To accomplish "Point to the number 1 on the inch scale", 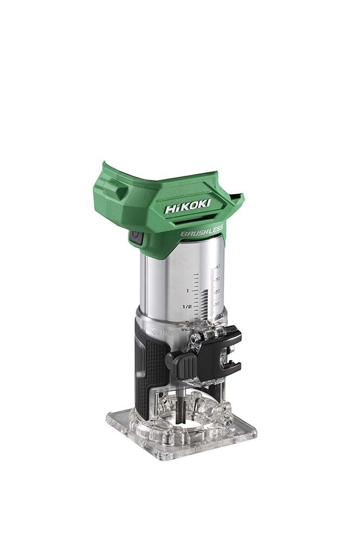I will coord(187,291).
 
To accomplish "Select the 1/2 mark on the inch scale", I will coord(187,306).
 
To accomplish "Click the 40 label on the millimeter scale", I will coord(218,267).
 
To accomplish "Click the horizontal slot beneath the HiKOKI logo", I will coord(199,218).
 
